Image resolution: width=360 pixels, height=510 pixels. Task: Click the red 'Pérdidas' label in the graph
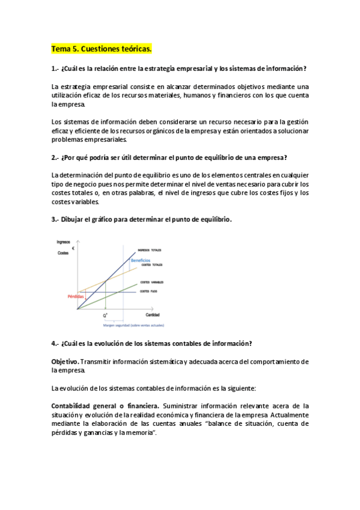(x=76, y=296)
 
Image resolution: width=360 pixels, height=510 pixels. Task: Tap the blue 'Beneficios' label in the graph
(x=141, y=260)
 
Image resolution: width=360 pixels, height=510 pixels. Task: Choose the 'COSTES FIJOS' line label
(x=148, y=292)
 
